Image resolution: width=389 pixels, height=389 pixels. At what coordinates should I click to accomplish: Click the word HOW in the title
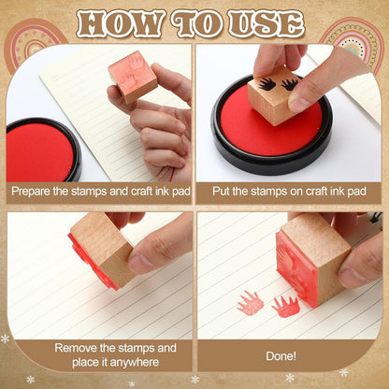(x=119, y=23)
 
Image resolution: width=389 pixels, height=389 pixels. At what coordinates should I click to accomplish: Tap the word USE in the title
(x=267, y=23)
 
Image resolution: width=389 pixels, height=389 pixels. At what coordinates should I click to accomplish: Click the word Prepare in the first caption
(x=31, y=192)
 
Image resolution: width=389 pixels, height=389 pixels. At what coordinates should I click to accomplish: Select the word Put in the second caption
(x=221, y=191)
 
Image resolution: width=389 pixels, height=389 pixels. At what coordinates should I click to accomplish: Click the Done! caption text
(x=281, y=356)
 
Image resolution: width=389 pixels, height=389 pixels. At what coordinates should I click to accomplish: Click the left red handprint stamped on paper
(x=250, y=303)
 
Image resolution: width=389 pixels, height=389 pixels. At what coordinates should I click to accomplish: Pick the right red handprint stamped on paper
(x=285, y=307)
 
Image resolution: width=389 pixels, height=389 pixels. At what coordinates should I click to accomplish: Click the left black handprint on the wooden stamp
(x=267, y=83)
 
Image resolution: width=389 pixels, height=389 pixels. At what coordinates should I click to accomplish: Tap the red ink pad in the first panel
(x=39, y=151)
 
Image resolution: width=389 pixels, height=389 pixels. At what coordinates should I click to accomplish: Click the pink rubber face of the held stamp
(x=133, y=73)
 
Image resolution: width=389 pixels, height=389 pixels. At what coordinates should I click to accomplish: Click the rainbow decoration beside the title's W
(x=35, y=44)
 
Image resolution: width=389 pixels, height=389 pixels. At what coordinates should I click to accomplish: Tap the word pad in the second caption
(x=357, y=191)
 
